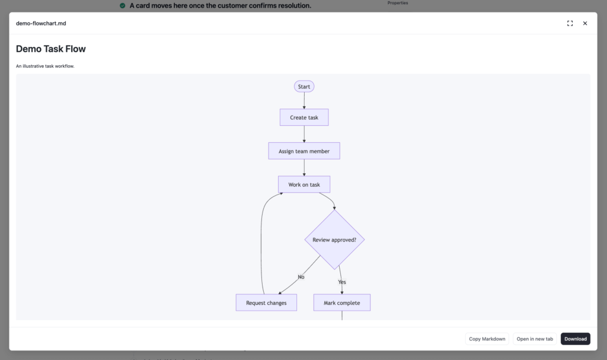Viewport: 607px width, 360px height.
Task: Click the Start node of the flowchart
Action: (304, 87)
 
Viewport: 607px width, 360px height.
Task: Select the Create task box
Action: (304, 117)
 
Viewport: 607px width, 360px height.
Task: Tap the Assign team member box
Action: (304, 151)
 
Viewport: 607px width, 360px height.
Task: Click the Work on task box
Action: (304, 184)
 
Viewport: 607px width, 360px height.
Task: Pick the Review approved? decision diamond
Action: (334, 240)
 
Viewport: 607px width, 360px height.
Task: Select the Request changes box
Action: (266, 302)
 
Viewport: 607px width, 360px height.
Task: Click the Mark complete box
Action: (342, 302)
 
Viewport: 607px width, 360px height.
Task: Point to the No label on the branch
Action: (301, 277)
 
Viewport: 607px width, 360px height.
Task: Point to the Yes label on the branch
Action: (342, 282)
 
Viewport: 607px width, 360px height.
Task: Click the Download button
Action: (575, 339)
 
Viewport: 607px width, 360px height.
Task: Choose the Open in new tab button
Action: (535, 339)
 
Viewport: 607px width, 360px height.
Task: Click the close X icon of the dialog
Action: (585, 23)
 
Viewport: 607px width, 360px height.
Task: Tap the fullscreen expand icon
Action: (570, 23)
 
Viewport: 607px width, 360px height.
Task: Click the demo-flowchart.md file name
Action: (41, 23)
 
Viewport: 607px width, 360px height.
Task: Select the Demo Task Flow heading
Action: (51, 49)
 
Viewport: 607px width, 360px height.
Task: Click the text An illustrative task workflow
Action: (45, 66)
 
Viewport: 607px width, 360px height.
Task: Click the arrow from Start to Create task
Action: (304, 101)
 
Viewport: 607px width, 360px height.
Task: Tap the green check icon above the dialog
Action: (122, 5)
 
